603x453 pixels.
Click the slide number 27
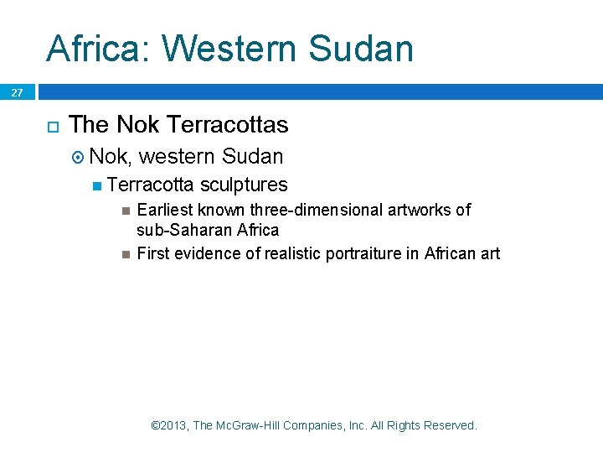point(17,93)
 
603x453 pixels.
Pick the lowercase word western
point(178,156)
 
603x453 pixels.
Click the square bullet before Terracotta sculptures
point(99,185)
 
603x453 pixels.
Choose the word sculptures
point(244,185)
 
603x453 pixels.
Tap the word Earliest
point(165,210)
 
